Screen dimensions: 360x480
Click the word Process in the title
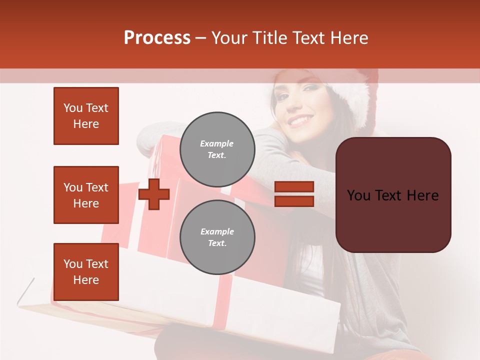click(x=157, y=37)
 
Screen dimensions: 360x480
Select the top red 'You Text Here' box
click(x=86, y=116)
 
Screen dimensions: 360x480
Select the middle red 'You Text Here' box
click(x=86, y=195)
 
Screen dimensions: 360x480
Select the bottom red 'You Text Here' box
click(x=86, y=271)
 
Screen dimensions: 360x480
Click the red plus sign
click(x=154, y=194)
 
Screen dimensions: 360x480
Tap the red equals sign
click(x=294, y=194)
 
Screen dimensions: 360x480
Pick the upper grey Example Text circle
click(x=217, y=149)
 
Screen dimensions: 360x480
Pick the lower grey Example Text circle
click(x=217, y=237)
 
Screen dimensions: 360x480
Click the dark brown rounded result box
click(x=393, y=195)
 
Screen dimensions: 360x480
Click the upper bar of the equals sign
click(x=294, y=187)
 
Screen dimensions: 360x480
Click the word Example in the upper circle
click(x=216, y=143)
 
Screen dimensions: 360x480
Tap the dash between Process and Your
click(x=201, y=38)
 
